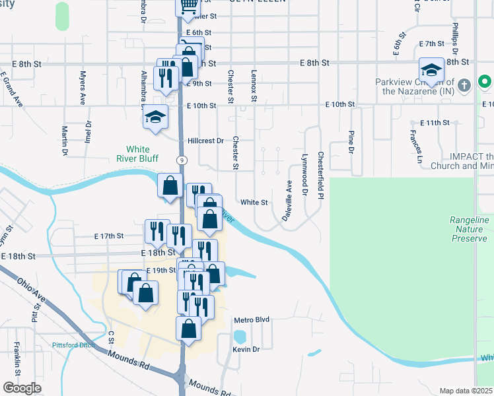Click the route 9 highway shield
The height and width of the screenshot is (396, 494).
[x=181, y=160]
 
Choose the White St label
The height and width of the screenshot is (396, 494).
[x=254, y=203]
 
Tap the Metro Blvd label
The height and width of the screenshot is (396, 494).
[x=252, y=319]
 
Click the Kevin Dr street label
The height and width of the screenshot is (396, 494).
[x=246, y=348]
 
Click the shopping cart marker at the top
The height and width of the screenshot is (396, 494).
[x=188, y=6]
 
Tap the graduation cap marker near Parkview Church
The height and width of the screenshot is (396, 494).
[x=431, y=70]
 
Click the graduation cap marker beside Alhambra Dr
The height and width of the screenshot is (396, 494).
[x=155, y=117]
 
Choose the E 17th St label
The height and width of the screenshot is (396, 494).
[x=109, y=236]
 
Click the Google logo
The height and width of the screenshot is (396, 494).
[x=22, y=388]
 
